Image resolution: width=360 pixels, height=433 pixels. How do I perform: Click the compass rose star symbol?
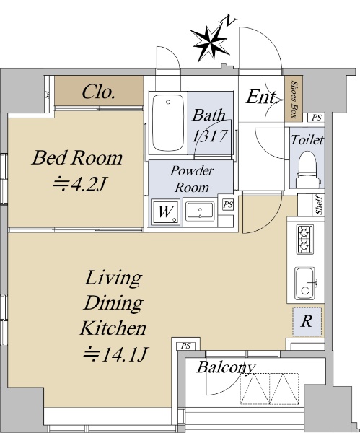[211, 43]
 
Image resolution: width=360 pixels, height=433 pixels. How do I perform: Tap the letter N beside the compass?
[230, 21]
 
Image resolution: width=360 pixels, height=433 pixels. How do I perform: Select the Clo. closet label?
[98, 92]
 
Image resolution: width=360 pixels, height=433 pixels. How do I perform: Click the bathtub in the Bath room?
[168, 123]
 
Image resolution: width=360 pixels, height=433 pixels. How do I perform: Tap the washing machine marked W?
[166, 212]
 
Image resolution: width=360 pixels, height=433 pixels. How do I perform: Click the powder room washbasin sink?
[200, 211]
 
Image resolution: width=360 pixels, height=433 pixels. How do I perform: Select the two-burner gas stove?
[304, 239]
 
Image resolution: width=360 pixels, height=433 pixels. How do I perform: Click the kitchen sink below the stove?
[306, 283]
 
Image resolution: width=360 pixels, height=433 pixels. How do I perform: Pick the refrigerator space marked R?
[307, 322]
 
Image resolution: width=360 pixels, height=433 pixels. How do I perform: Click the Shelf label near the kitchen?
[320, 205]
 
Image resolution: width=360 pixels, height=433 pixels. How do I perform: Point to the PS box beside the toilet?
[317, 118]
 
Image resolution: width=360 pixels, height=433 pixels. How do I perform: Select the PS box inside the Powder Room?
[228, 205]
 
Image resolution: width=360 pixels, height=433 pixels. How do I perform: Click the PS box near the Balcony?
[186, 346]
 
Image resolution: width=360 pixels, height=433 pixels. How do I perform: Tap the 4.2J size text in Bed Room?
[79, 183]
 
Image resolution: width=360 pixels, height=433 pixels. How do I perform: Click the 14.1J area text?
[116, 354]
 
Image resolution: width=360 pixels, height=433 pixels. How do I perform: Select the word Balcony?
[225, 367]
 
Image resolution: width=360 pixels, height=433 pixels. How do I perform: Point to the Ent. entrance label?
[262, 97]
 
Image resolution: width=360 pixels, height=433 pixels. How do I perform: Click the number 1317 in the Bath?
[211, 136]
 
